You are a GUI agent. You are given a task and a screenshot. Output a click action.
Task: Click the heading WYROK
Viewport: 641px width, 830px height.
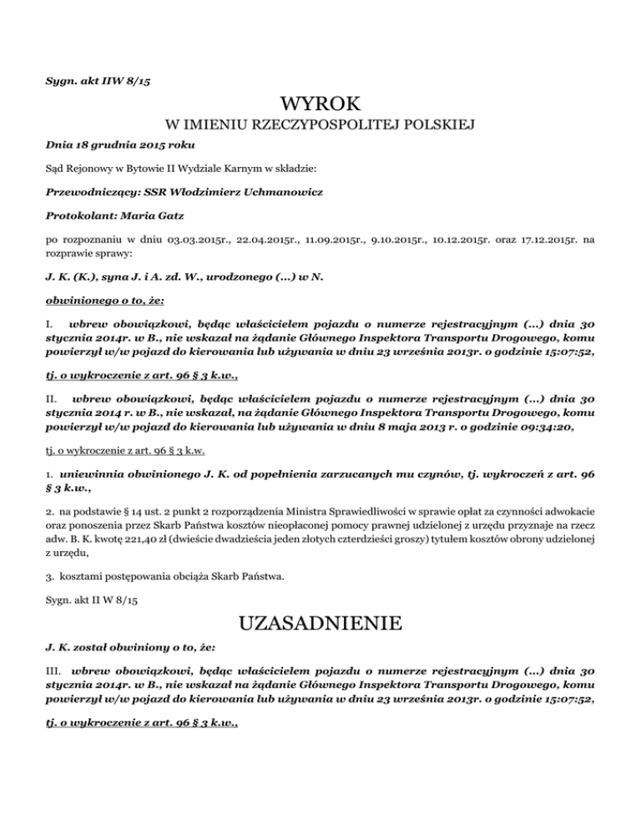pyautogui.click(x=321, y=104)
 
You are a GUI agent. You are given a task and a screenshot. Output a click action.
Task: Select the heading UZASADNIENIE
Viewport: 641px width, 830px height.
pyautogui.click(x=321, y=624)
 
